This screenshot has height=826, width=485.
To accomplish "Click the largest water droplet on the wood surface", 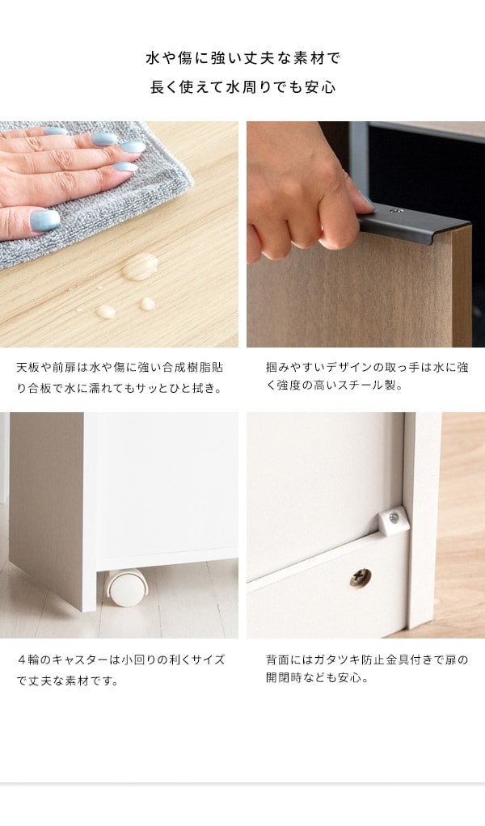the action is click(x=140, y=267).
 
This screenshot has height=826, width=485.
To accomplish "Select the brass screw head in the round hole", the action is click(x=361, y=578).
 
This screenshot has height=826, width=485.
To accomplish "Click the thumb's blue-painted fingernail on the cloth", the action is click(x=45, y=220).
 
